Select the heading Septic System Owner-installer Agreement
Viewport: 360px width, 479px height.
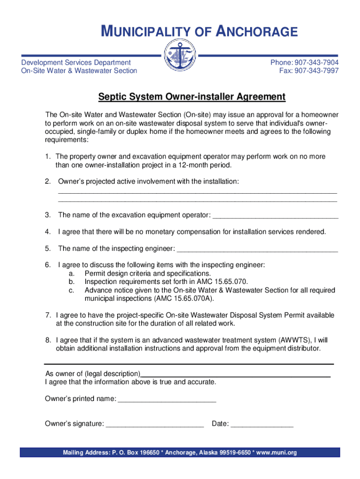click(192, 97)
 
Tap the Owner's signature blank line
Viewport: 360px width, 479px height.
click(155, 424)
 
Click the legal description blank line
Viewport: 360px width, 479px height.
click(236, 374)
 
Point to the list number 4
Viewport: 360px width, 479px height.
click(48, 232)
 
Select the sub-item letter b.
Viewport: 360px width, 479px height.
click(72, 282)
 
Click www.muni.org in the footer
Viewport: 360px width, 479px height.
click(276, 453)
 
